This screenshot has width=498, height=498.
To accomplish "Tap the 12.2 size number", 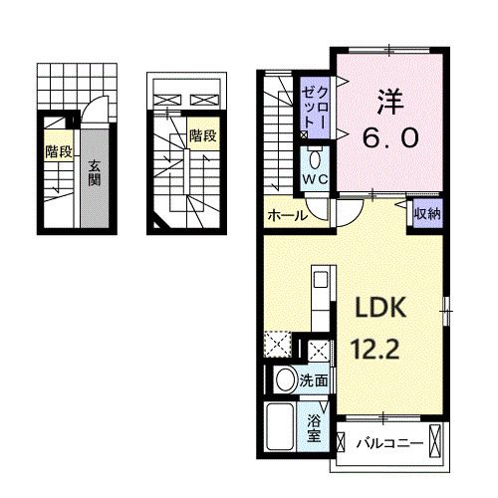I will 374,350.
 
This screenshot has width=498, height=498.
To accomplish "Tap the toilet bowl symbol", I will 314,159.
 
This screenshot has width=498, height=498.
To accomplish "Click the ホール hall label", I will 285,214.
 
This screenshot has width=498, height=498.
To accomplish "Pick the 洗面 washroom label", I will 315,378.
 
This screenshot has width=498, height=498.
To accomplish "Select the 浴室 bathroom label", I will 314,427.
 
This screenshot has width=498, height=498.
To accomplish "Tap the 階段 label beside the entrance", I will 58,151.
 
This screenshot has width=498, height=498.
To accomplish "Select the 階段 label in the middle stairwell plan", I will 203,134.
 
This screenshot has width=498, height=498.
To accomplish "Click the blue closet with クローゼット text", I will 314,106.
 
